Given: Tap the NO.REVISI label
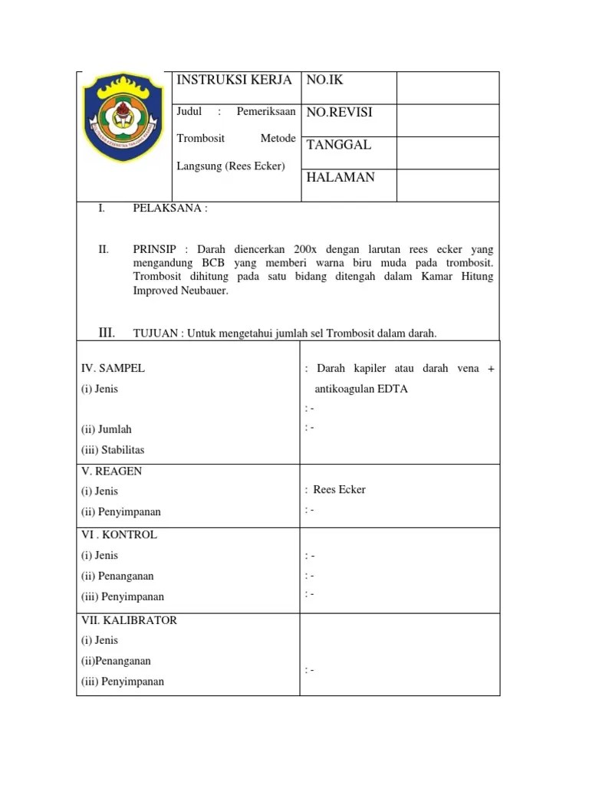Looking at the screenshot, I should [339, 113].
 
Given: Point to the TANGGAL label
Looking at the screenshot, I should [338, 145].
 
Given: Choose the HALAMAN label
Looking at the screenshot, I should [341, 177].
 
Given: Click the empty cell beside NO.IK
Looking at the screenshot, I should [447, 87].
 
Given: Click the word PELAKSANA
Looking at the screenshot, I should [168, 209].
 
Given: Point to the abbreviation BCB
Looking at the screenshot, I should [218, 264].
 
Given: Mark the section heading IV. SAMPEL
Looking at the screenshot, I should [113, 368].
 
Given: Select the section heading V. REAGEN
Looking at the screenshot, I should [112, 471].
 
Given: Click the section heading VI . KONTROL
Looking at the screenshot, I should [119, 535].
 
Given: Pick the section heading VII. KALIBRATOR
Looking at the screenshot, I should [129, 620].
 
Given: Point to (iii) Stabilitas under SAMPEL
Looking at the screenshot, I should [113, 450].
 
